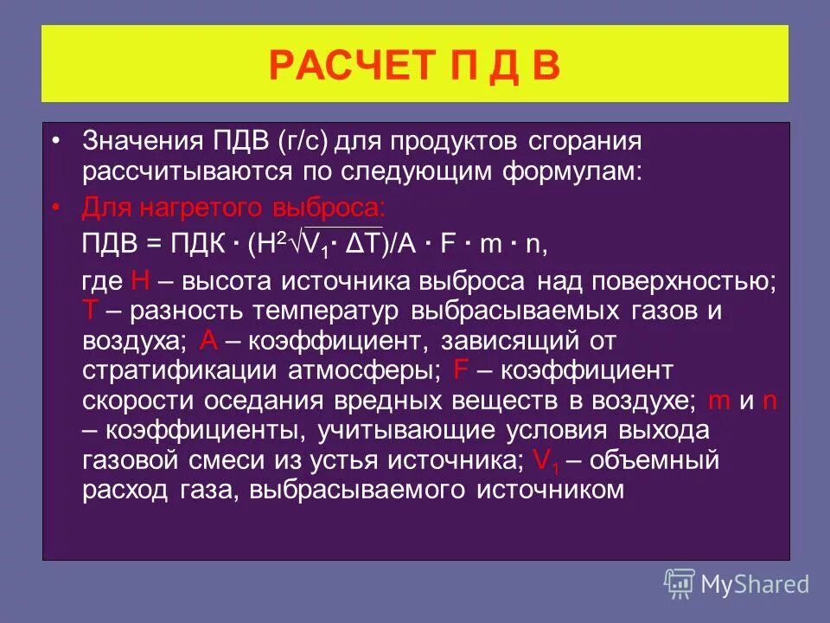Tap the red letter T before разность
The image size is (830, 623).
tap(90, 310)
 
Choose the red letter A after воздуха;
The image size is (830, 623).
tap(208, 340)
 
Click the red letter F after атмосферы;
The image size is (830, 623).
tap(460, 370)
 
